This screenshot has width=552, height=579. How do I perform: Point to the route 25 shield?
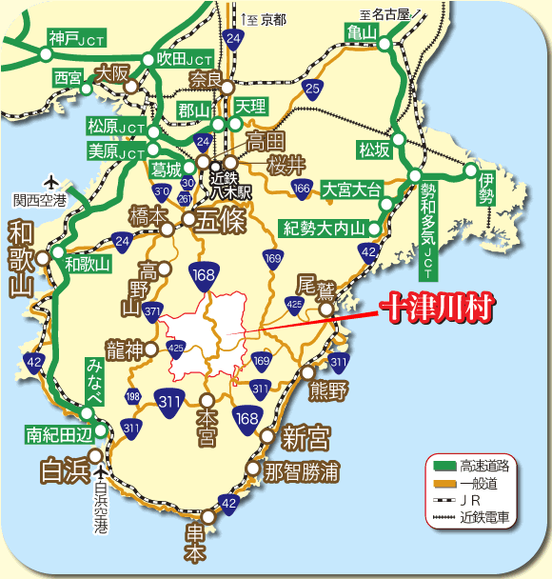[312, 90]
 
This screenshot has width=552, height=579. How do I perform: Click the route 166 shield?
[303, 189]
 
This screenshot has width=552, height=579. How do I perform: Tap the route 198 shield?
[132, 396]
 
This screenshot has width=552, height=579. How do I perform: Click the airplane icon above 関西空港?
[51, 181]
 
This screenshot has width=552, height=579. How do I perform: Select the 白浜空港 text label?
[101, 508]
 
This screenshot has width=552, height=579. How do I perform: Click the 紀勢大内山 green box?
[325, 228]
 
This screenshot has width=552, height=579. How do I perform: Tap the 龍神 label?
[124, 349]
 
